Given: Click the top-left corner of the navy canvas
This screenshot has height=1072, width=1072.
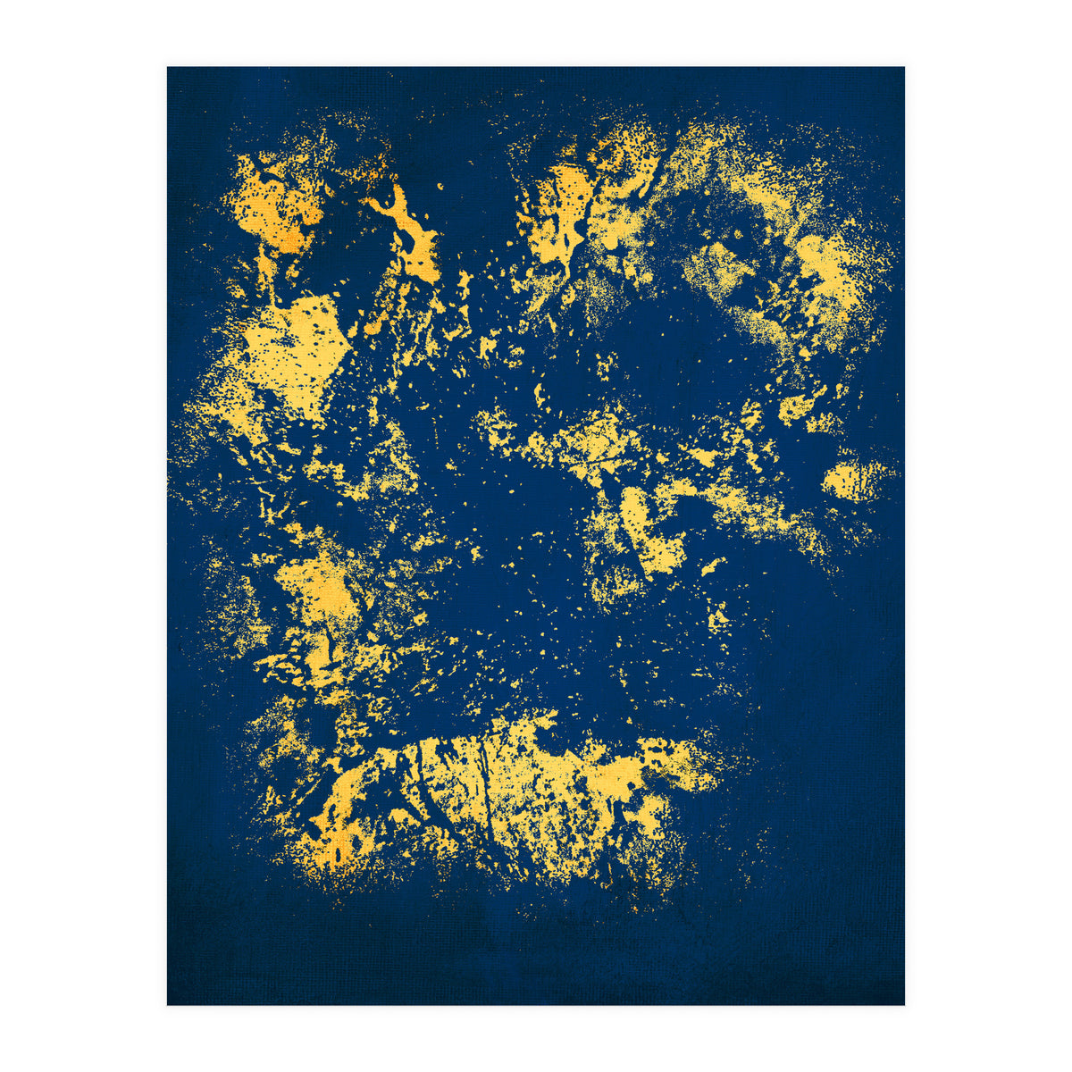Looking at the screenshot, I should pos(168,68).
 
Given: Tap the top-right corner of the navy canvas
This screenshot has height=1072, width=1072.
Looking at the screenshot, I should pos(904,68).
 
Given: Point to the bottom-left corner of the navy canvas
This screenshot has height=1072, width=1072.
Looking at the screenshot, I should pos(168,1004).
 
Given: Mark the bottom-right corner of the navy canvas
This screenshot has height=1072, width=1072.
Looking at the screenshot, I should pos(904,1004).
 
